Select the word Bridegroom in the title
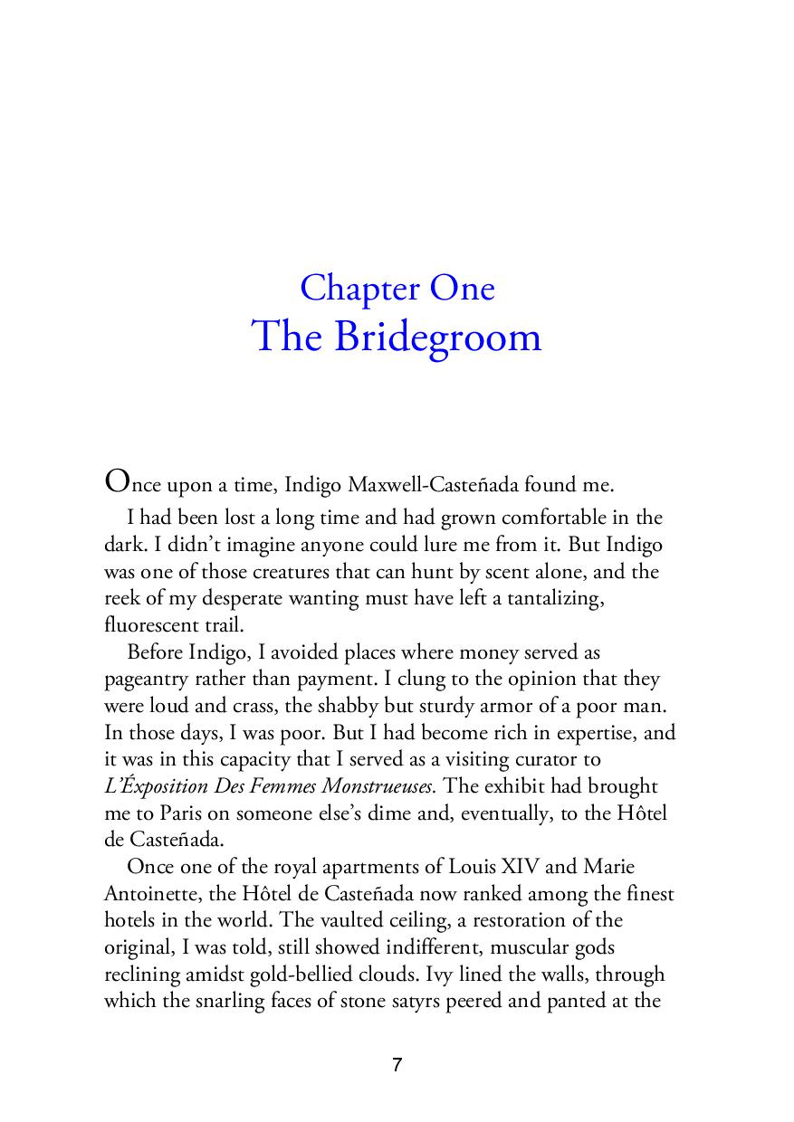pos(437,337)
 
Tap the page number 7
pos(397,1065)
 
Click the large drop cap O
pos(118,480)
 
